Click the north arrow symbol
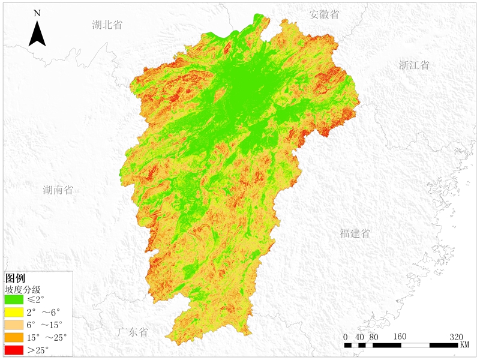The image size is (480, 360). tap(38, 34)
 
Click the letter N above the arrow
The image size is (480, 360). tap(37, 13)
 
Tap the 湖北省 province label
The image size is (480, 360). tap(107, 25)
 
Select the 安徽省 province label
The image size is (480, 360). tap(324, 15)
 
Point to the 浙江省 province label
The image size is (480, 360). tap(414, 65)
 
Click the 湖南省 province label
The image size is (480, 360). tap(58, 190)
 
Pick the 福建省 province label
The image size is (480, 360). tap(355, 233)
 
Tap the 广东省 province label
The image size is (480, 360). tap(133, 332)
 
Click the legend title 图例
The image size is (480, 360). tap(15, 278)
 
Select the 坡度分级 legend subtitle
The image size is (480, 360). tap(22, 289)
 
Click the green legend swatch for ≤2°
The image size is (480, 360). tap(14, 299)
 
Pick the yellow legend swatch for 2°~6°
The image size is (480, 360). tap(14, 312)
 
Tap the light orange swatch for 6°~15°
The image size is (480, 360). tap(14, 325)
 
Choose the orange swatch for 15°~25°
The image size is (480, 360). tap(14, 337)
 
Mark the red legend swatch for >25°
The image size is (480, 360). tap(14, 350)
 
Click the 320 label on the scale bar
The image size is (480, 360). tap(457, 336)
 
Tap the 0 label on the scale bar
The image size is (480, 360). tap(346, 336)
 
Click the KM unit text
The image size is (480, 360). tap(465, 346)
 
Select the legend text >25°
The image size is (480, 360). tap(38, 350)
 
